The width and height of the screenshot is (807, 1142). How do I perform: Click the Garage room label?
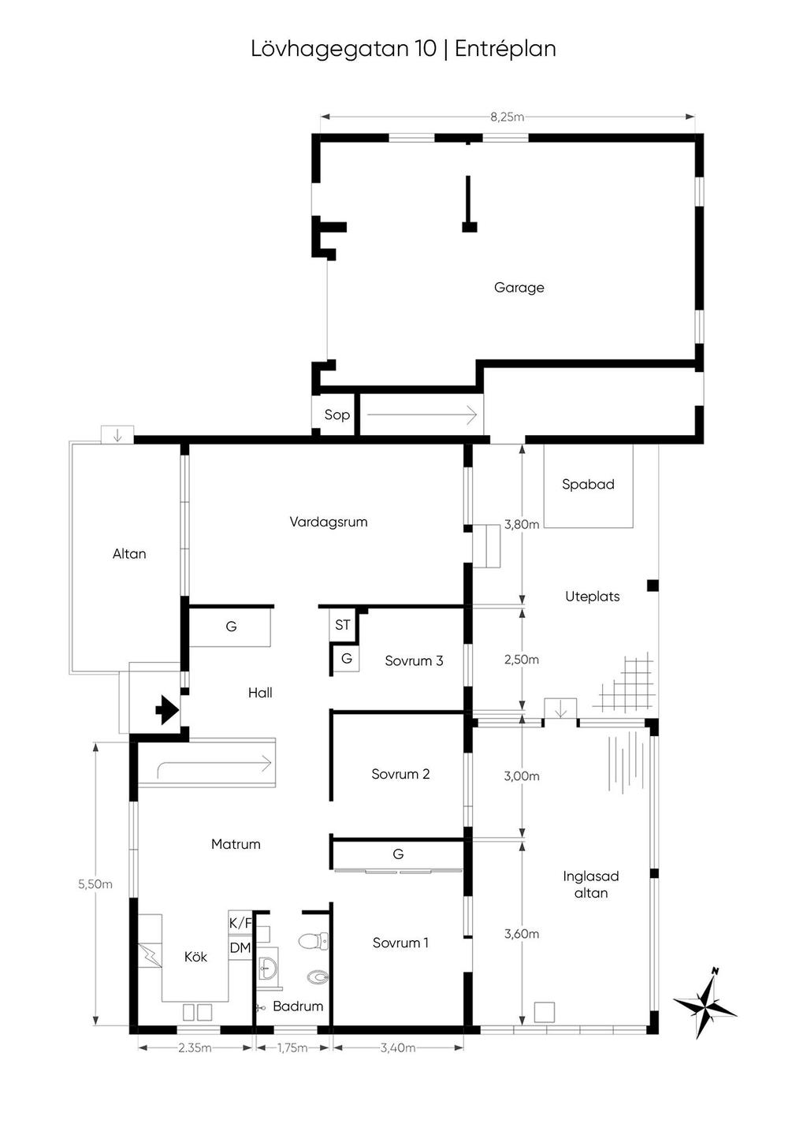click(519, 288)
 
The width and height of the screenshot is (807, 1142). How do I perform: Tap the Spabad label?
click(588, 484)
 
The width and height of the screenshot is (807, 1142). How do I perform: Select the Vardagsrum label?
click(329, 522)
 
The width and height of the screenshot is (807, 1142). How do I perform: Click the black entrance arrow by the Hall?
click(167, 709)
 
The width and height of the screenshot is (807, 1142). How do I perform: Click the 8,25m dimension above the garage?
click(508, 117)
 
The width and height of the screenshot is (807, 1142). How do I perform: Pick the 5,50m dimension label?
click(95, 884)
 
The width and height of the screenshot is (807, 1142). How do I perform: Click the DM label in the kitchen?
click(240, 948)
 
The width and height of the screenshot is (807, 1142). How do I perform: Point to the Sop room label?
click(337, 415)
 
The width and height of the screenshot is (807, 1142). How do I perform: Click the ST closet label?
click(343, 624)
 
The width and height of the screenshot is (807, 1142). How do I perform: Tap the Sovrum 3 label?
click(414, 660)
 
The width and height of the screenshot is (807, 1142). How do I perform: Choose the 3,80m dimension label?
click(522, 524)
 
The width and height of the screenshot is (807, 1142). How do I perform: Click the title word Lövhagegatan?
click(344, 50)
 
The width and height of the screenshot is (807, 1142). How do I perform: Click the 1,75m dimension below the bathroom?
click(292, 1047)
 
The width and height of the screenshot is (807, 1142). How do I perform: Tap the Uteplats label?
click(593, 597)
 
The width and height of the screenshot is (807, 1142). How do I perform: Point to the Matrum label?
click(236, 844)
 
